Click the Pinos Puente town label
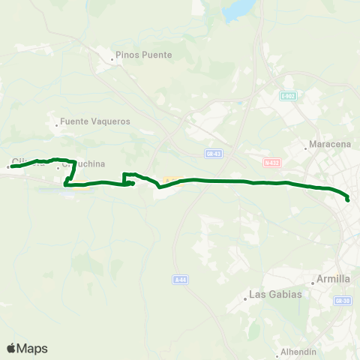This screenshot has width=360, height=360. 143,55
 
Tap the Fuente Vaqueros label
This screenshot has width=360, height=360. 95,121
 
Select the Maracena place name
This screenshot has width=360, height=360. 329,145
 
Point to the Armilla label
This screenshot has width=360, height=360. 334,279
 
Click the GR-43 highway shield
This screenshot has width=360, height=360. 212,153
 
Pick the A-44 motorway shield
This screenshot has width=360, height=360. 179,280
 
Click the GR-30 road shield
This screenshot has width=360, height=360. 343,300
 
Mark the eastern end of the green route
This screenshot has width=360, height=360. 348,199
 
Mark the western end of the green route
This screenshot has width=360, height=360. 10,166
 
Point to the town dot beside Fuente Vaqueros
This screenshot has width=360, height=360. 57,124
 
